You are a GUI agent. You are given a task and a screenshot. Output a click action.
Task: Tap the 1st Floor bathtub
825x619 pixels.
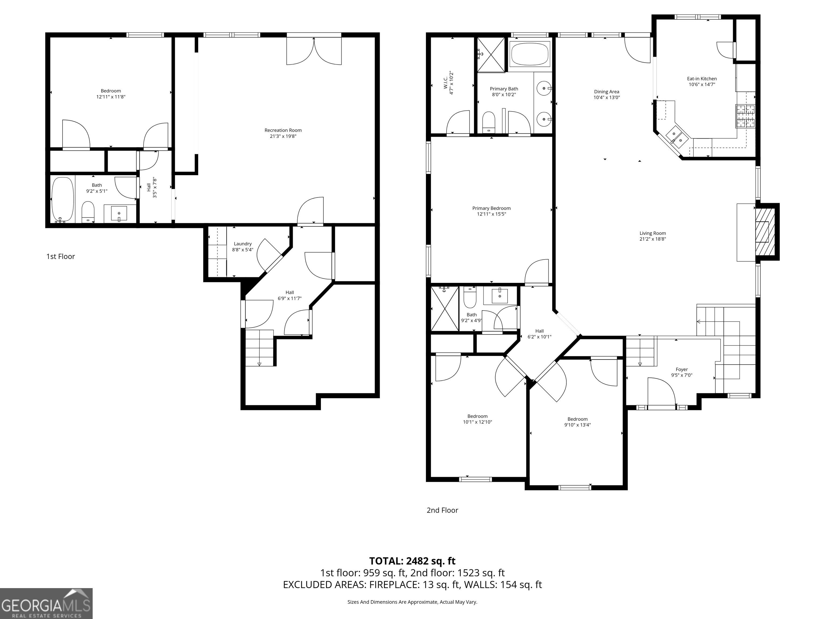click(63, 200)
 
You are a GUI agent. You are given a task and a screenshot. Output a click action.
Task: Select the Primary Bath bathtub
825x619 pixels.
click(530, 54)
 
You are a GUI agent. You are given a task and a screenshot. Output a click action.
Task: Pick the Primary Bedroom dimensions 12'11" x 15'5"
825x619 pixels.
click(491, 214)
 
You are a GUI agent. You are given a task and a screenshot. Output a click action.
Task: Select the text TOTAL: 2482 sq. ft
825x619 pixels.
click(412, 561)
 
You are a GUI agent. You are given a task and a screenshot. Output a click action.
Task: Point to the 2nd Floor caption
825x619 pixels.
click(442, 510)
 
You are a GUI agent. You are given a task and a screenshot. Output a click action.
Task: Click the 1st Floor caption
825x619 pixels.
click(60, 257)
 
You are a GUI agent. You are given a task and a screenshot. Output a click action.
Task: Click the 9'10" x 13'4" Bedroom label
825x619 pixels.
click(577, 422)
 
